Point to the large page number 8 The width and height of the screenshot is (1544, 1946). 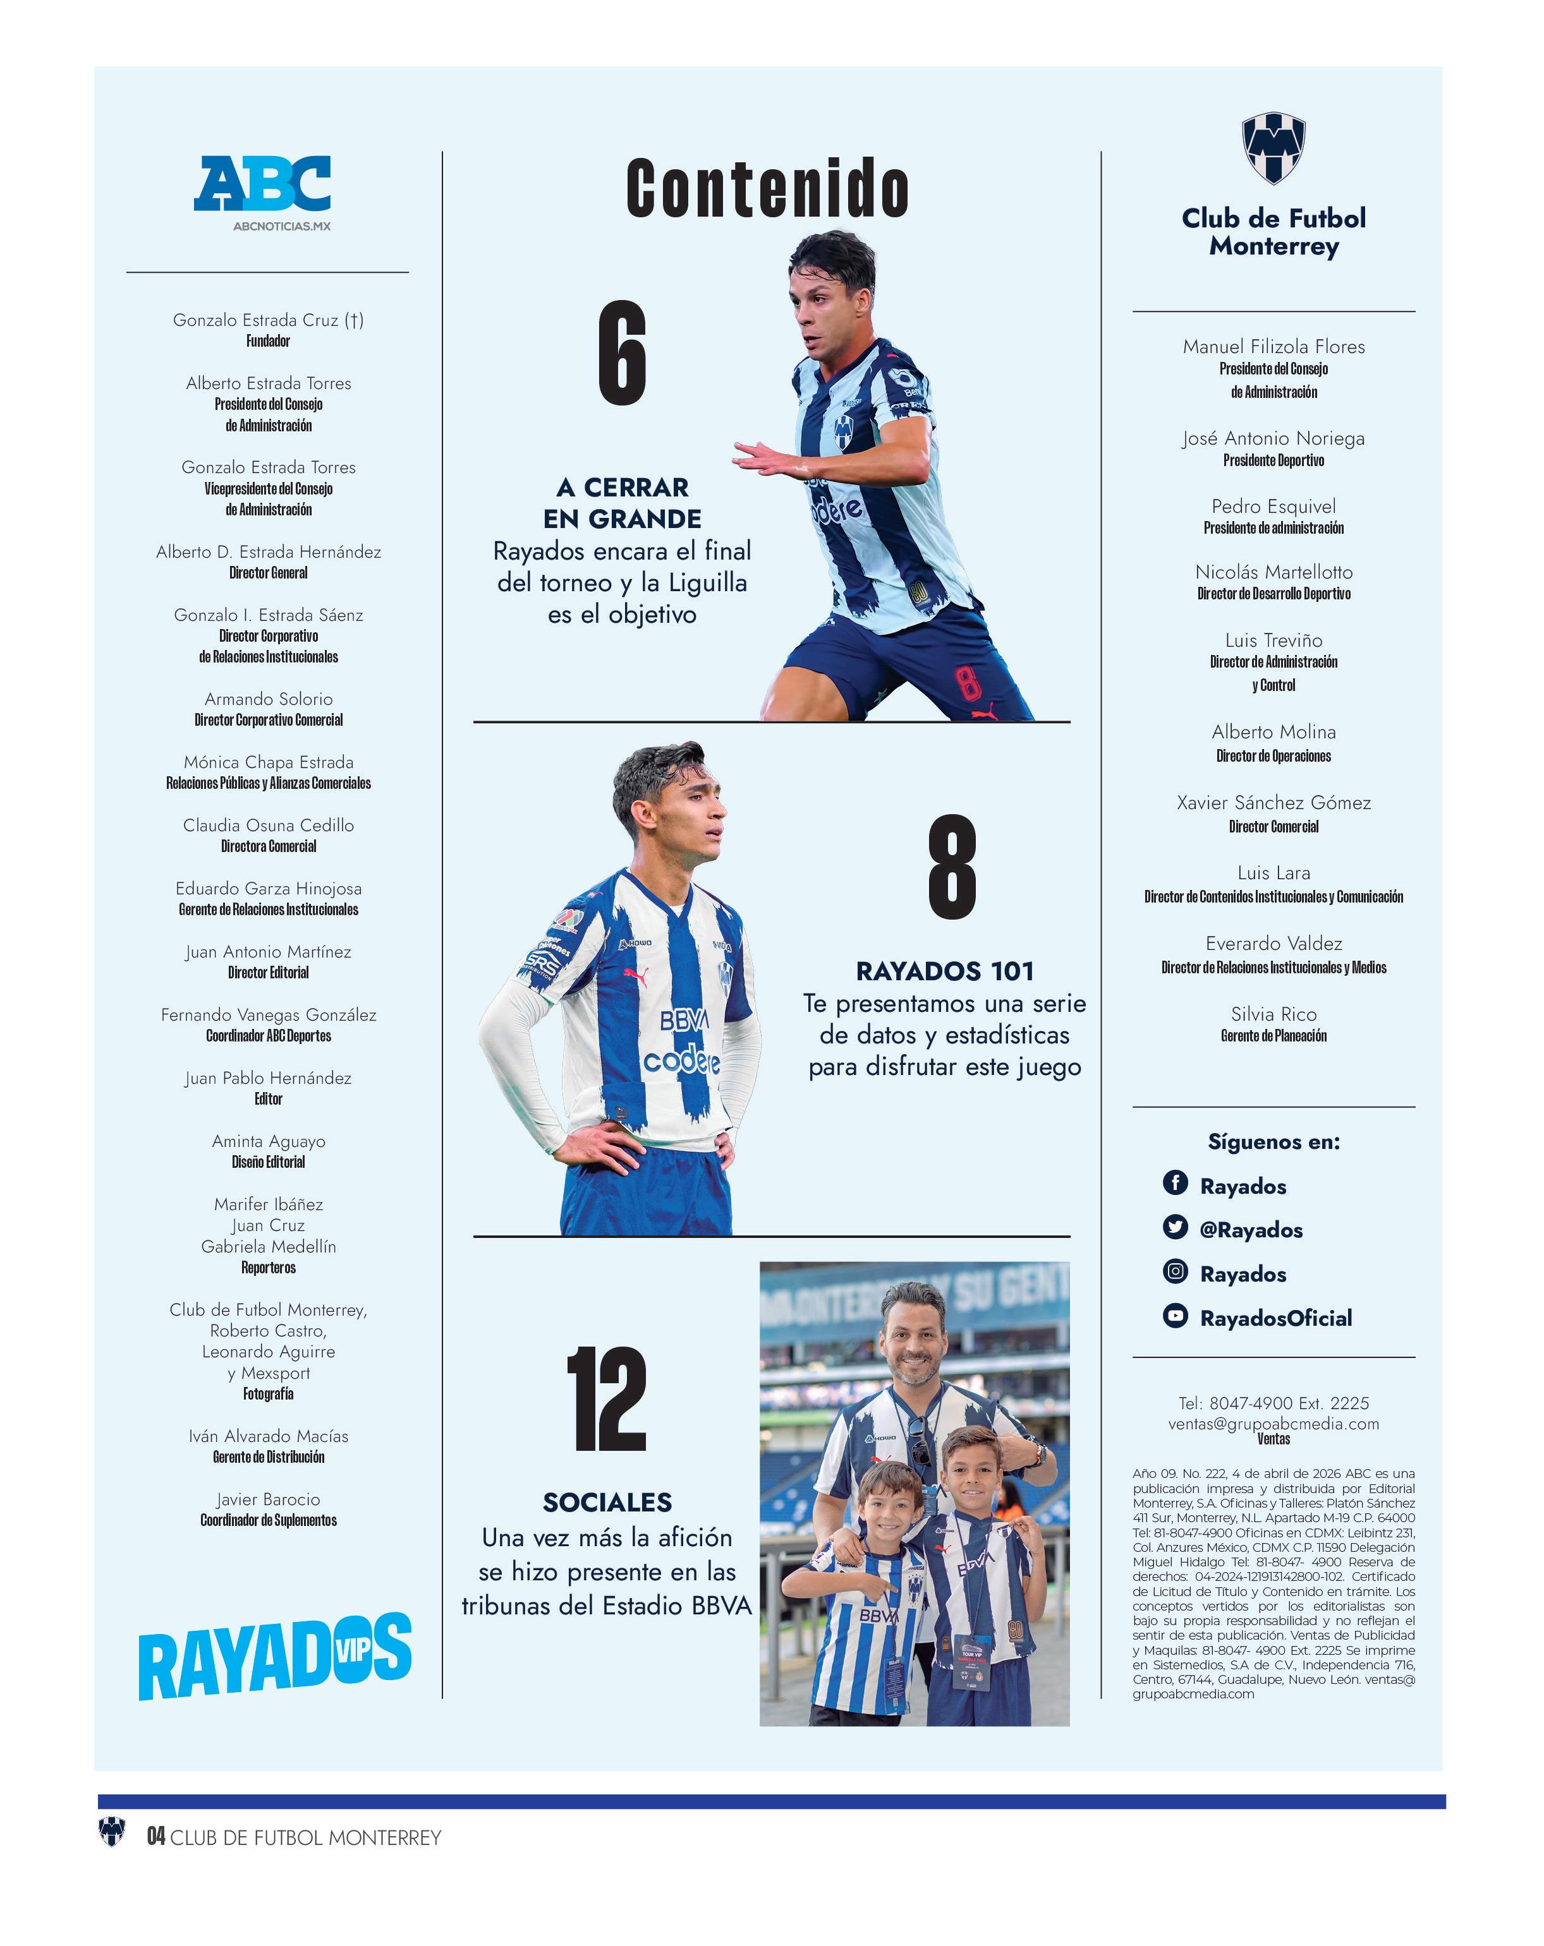pyautogui.click(x=952, y=867)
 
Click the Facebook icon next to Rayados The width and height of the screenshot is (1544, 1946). pyautogui.click(x=1175, y=1182)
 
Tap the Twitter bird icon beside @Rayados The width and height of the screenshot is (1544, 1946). pyautogui.click(x=1175, y=1227)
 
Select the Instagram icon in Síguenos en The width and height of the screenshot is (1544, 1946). pyautogui.click(x=1175, y=1271)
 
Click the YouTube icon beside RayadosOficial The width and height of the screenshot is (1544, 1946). pyautogui.click(x=1175, y=1315)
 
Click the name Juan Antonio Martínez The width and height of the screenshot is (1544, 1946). pyautogui.click(x=268, y=951)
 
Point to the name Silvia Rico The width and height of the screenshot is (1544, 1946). pyautogui.click(x=1273, y=1014)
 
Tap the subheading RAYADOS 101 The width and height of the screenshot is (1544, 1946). pyautogui.click(x=944, y=971)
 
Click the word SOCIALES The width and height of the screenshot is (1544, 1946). pyautogui.click(x=607, y=1502)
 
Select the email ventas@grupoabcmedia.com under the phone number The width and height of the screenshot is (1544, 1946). pyautogui.click(x=1273, y=1424)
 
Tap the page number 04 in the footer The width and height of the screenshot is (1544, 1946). pyautogui.click(x=156, y=1837)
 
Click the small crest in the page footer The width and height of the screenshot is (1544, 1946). pyautogui.click(x=112, y=1832)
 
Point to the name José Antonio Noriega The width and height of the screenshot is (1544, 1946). pyautogui.click(x=1273, y=439)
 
